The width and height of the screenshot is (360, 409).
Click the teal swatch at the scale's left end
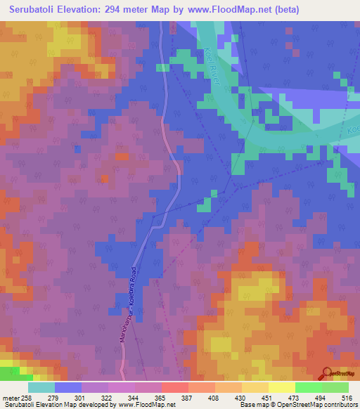pyautogui.click(x=41, y=387)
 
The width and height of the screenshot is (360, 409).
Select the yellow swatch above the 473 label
pyautogui.click(x=281, y=387)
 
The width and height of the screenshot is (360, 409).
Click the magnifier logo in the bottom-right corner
pyautogui.click(x=328, y=375)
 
